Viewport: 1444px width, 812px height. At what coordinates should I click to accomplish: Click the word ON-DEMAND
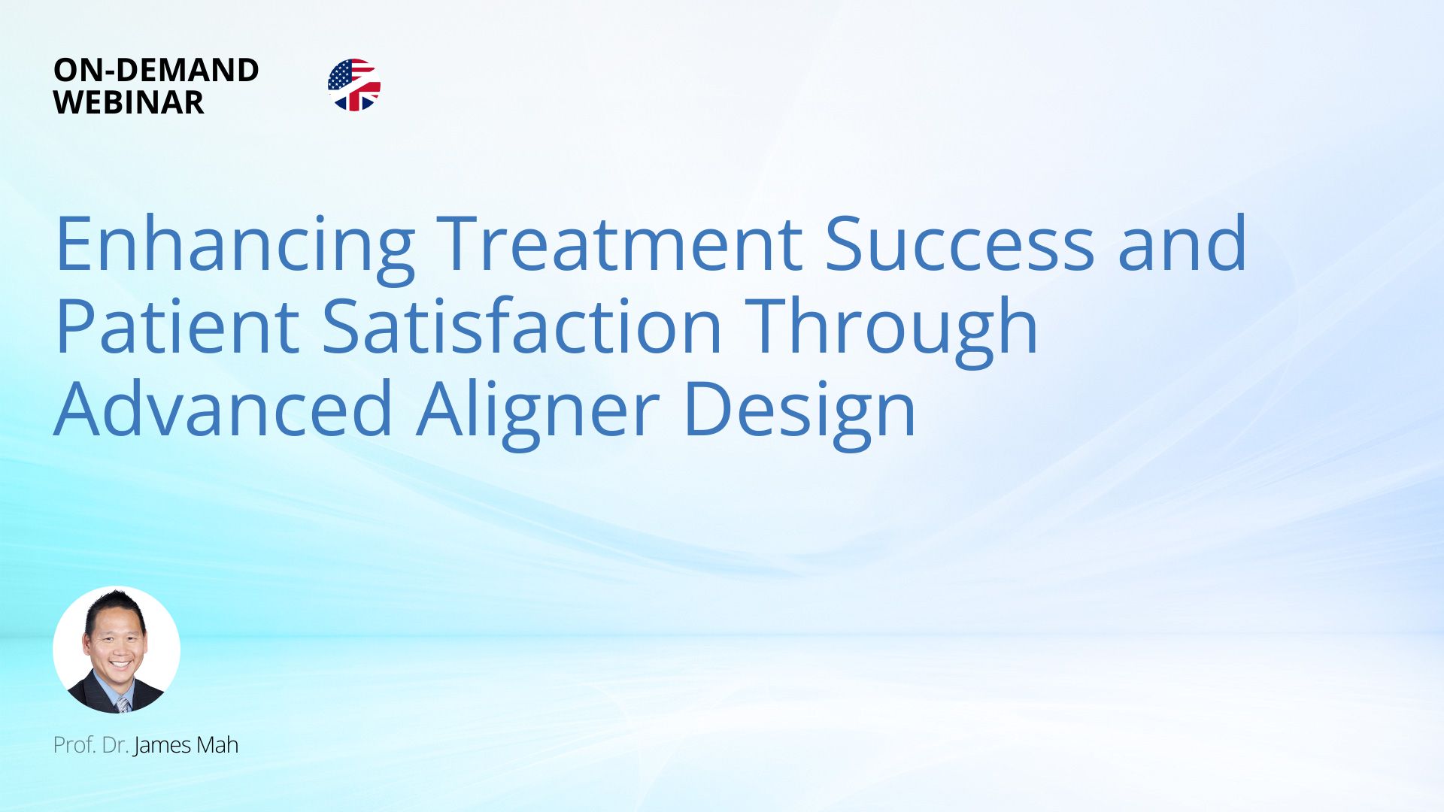coord(156,70)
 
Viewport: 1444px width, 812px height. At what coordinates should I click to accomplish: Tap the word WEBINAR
coord(129,102)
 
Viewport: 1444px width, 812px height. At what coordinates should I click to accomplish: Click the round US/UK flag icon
coord(354,85)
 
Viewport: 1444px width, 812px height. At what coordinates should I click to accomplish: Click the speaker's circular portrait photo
coord(117,650)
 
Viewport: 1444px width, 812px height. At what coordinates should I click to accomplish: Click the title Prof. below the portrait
coord(74,745)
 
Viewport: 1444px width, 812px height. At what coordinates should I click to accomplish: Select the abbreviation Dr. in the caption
coord(115,745)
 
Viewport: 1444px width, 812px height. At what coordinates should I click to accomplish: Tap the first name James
coord(162,745)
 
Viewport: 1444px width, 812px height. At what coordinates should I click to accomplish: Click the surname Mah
coord(217,745)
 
